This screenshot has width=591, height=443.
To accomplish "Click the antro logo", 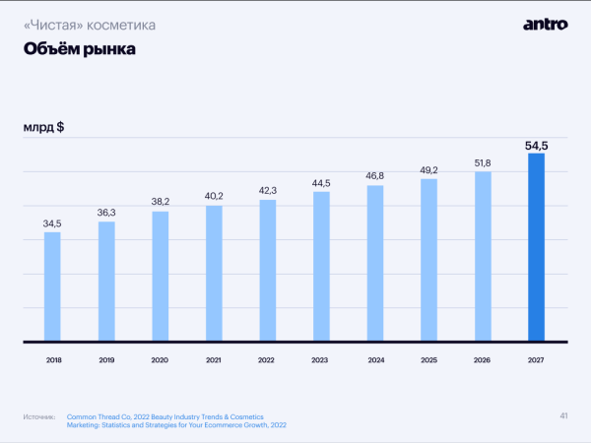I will click(545, 25).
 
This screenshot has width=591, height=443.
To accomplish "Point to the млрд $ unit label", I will click(43, 127).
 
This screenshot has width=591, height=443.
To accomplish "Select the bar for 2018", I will click(52, 286).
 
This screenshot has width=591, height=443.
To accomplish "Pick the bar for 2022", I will click(267, 271).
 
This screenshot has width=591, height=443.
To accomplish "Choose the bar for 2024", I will click(374, 263).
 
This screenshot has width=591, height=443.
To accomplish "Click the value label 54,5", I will click(536, 146).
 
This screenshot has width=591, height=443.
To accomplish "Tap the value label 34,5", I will click(52, 223).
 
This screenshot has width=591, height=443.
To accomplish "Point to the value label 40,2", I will click(214, 197).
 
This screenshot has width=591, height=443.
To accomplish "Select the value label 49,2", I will click(428, 169).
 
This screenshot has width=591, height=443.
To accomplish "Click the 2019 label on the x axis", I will click(106, 360).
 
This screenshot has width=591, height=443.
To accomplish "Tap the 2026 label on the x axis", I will click(482, 360).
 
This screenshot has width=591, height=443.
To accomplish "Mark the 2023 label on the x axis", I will click(321, 360).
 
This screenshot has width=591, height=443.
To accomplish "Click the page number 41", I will click(563, 414).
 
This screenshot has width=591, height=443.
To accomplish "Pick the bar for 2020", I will click(160, 277).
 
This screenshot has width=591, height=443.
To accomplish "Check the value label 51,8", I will click(482, 161).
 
